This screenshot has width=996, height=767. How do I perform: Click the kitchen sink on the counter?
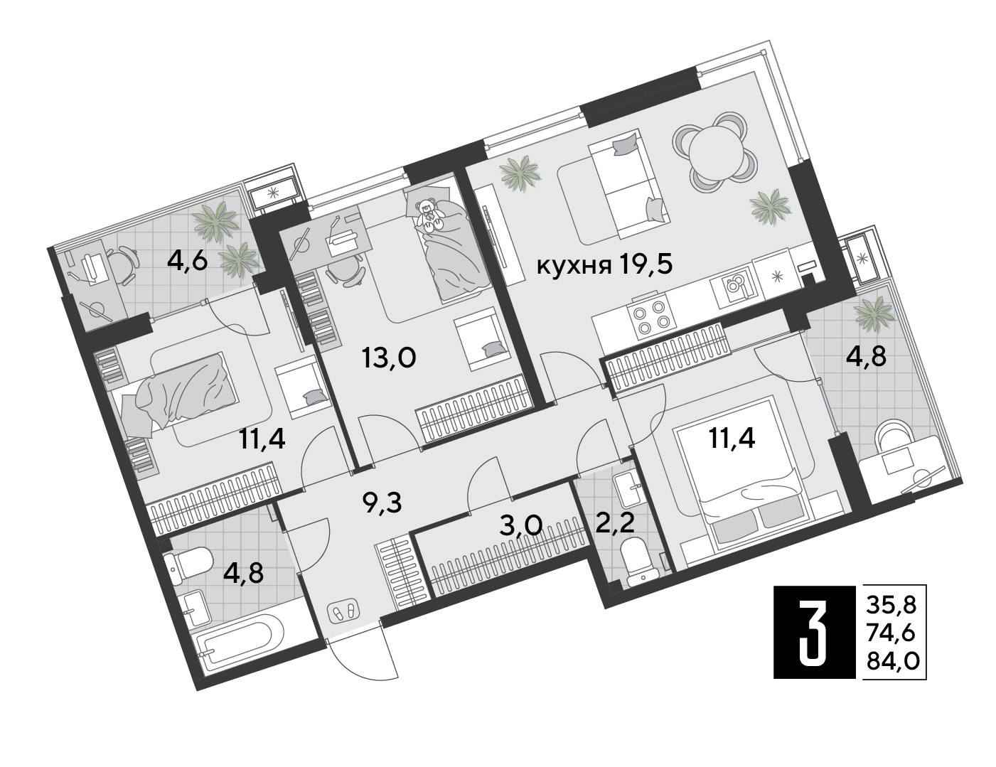[x=735, y=286]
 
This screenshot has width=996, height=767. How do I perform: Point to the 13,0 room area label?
[x=389, y=358]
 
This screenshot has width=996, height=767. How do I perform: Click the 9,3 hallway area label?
[x=382, y=502]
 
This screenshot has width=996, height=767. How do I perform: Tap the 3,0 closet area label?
[x=521, y=525]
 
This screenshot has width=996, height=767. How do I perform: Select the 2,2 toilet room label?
[x=615, y=522]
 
